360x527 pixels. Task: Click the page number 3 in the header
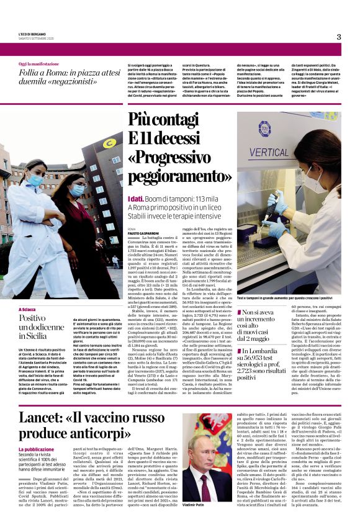coord(339,37)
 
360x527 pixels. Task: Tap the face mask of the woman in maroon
coord(77,190)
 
